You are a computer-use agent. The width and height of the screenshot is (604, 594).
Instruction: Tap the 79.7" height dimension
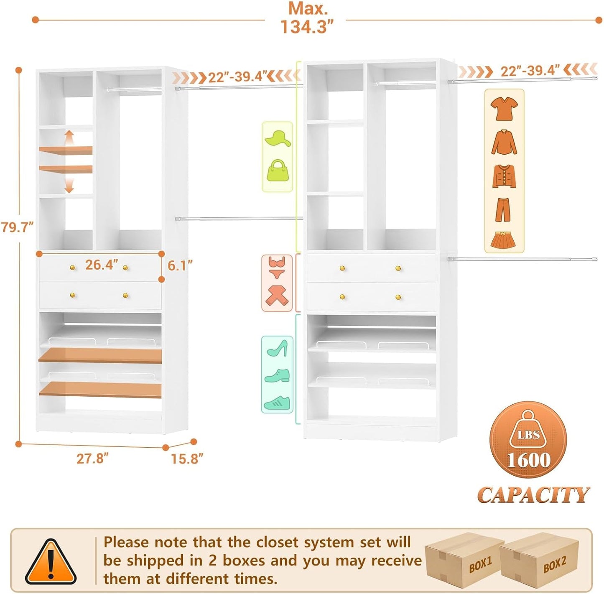coord(17,227)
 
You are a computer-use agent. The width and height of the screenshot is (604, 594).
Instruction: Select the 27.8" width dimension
coord(92,458)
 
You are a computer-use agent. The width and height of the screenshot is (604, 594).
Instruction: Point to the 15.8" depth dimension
coord(187,459)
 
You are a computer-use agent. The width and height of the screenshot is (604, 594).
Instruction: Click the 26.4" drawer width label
coord(102,265)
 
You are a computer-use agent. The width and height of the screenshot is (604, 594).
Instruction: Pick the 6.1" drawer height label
coord(180,265)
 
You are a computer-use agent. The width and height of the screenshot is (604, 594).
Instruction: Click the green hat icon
coord(278,139)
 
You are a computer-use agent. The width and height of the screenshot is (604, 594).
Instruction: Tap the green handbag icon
coord(277,171)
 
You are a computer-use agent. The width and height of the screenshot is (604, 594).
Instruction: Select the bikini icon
coord(277,268)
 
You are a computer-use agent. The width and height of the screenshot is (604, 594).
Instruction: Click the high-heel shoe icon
coord(277,348)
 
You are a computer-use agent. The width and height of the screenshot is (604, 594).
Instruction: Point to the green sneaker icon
coord(277,403)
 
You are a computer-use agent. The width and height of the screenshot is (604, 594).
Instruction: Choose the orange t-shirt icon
coord(504,108)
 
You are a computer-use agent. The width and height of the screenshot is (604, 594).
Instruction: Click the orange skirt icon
coord(503,240)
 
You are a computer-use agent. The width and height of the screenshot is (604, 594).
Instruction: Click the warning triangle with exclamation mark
coord(51,562)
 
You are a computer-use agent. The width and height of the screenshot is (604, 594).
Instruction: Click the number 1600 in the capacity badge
coord(528,460)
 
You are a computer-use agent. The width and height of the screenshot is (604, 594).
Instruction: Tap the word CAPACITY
coord(533,495)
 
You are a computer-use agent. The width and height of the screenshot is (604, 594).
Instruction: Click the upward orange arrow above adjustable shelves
coord(69,137)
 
